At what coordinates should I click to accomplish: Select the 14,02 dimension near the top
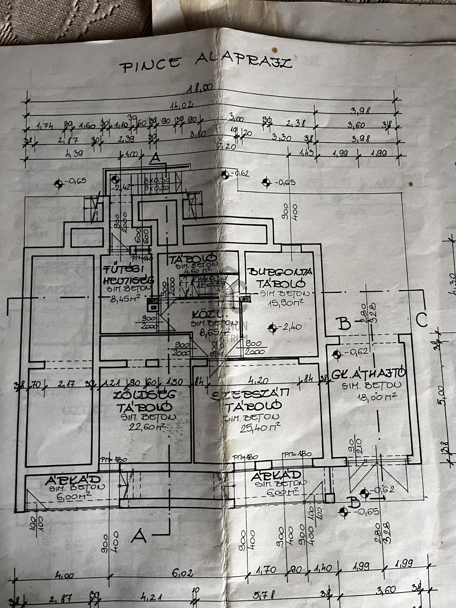pos(182,105)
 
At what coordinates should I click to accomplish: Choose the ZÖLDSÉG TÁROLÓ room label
pos(145,401)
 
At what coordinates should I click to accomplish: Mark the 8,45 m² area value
pos(125,298)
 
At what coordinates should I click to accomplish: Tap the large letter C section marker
pos(421,320)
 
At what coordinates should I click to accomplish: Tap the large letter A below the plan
pos(139,535)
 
